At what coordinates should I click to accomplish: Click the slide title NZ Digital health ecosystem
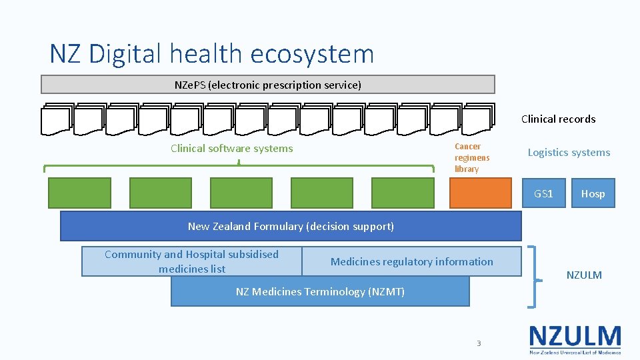[212, 53]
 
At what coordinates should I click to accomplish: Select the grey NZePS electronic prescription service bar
[267, 85]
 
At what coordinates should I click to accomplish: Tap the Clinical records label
[558, 119]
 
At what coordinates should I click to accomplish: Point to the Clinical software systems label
[231, 149]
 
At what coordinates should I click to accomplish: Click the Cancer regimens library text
[472, 158]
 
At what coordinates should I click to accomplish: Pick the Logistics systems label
[569, 153]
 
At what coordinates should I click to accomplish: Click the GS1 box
[543, 193]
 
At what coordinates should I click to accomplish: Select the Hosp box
[593, 193]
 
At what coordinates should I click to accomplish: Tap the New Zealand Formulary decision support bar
[291, 226]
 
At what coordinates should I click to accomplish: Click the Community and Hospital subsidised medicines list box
[191, 261]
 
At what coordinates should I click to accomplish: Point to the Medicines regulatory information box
[411, 261]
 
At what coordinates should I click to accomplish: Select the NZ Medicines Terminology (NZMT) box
[320, 291]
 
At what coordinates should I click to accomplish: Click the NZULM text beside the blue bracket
[584, 275]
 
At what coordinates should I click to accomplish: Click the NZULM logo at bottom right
[575, 339]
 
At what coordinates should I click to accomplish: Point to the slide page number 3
[478, 343]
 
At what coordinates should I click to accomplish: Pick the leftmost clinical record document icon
[55, 120]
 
